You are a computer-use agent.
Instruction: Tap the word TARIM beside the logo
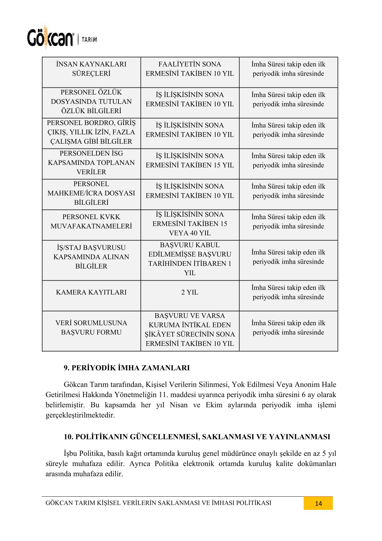(89, 40)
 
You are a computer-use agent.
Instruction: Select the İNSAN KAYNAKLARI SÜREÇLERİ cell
(91, 69)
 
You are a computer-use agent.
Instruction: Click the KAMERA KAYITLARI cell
(91, 292)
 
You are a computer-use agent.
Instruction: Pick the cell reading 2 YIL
(190, 292)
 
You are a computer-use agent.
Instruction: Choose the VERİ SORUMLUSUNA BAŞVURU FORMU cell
(91, 328)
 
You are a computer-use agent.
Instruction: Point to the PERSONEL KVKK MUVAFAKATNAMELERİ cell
(91, 221)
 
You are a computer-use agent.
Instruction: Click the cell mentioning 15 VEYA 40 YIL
(190, 224)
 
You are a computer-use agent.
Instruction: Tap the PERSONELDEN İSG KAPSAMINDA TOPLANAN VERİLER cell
(91, 163)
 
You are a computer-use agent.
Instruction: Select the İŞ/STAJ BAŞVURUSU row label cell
(91, 257)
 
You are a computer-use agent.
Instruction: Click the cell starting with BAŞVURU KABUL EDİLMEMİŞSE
(190, 259)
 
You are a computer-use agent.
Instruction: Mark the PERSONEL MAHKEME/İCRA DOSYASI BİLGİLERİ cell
(91, 193)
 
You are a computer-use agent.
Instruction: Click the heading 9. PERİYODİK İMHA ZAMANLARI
(126, 368)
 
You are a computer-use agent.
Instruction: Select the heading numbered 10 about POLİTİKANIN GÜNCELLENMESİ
(197, 437)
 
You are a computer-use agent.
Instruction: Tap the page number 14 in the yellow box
(318, 503)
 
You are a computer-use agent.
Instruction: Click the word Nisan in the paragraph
(178, 405)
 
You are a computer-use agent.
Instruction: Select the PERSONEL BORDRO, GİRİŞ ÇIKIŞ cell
(91, 132)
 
